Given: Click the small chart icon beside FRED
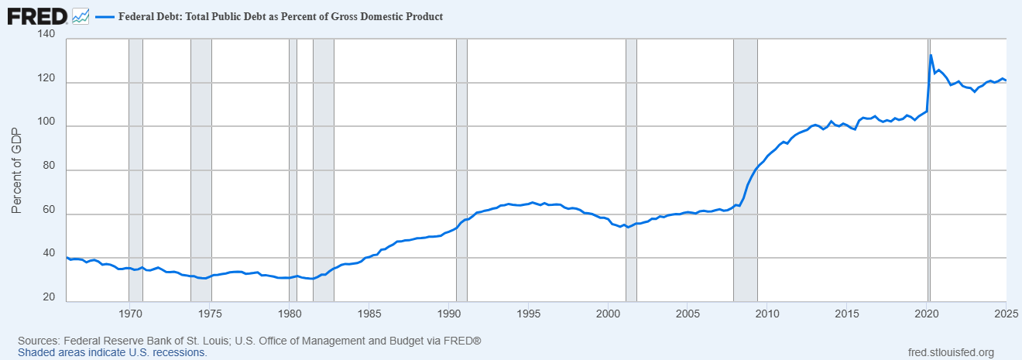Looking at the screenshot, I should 80,15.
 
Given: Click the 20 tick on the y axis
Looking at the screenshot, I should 48,298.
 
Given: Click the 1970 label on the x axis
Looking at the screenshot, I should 130,314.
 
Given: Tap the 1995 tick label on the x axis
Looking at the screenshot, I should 529,314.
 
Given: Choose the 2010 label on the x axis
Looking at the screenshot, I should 768,314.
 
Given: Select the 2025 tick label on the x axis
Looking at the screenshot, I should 1006,314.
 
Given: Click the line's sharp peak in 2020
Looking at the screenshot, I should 931,55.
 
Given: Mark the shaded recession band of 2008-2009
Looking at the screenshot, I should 745,170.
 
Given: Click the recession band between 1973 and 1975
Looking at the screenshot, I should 201,170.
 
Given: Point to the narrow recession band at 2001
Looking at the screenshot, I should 631,170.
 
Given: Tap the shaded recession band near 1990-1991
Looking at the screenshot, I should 461,170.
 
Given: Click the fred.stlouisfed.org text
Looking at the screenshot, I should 951,352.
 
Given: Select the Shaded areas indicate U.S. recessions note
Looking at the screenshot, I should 111,352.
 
